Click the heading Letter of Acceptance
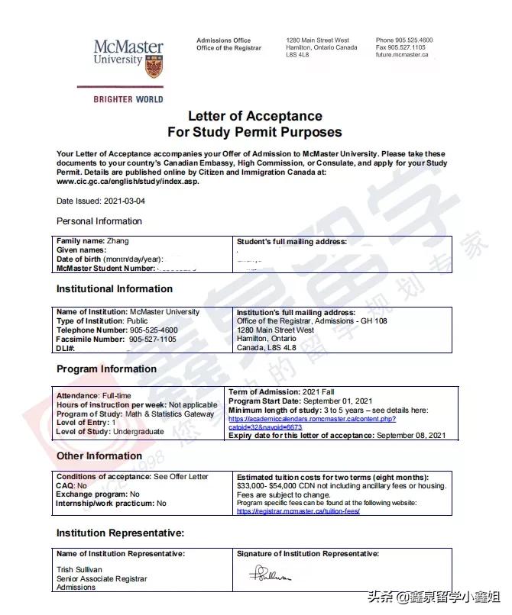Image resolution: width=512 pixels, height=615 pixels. [255, 117]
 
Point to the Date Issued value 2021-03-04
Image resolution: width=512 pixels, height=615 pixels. [124, 201]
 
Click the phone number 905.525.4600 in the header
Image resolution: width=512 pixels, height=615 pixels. [413, 40]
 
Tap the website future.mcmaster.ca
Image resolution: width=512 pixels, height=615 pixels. [402, 55]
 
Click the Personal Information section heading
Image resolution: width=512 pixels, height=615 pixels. [99, 221]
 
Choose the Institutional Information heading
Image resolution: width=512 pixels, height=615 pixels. [115, 289]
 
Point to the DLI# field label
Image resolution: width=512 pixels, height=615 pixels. [66, 348]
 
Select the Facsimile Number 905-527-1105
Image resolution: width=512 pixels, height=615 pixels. [152, 339]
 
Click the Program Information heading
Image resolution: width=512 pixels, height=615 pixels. [106, 369]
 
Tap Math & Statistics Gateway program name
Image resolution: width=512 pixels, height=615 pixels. [170, 414]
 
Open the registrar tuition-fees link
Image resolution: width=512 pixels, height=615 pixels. [298, 511]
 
